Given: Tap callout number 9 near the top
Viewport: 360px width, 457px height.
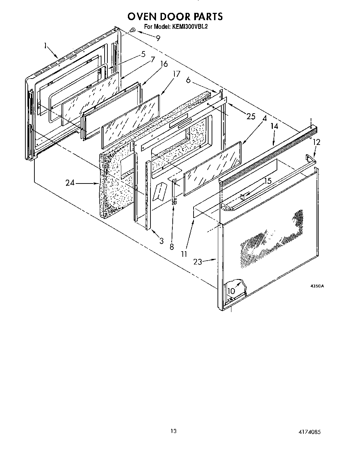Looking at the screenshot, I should click(x=158, y=38).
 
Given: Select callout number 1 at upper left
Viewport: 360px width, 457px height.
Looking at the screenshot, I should click(x=46, y=45).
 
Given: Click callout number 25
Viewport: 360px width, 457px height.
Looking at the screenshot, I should click(x=251, y=116).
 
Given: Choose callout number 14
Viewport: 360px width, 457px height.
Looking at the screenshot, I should click(x=275, y=126).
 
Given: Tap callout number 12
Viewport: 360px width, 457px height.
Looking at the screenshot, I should click(x=316, y=142).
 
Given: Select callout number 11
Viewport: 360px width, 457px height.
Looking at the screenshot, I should click(x=184, y=254).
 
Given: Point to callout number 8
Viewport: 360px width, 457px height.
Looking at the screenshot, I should click(x=172, y=247).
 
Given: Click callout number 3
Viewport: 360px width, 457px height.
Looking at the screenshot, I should click(x=162, y=240).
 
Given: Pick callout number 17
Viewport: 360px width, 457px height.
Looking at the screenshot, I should click(x=177, y=74).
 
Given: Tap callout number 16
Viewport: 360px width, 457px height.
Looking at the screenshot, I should click(x=164, y=64).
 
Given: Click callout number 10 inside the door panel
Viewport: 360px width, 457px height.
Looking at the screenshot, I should click(x=231, y=291).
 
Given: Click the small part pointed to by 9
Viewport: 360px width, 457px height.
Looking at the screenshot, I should click(x=132, y=31).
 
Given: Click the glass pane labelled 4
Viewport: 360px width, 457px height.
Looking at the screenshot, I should click(x=212, y=169).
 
